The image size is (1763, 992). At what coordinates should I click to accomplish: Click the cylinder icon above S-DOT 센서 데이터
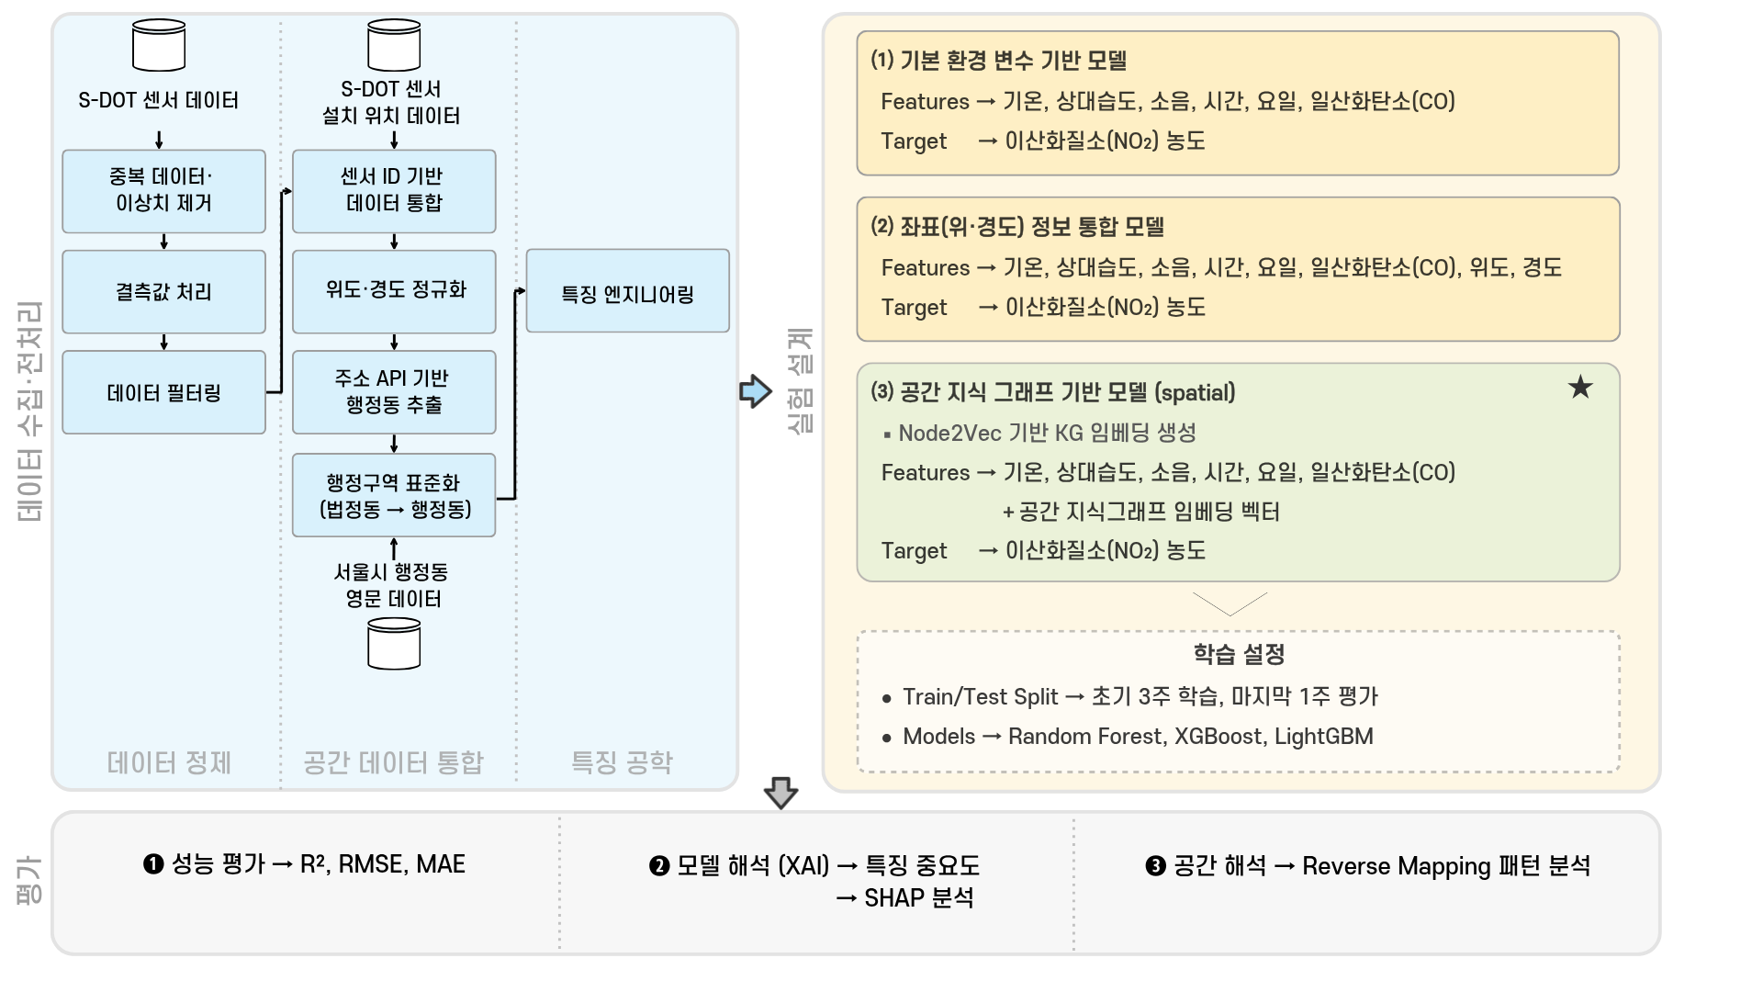tap(159, 45)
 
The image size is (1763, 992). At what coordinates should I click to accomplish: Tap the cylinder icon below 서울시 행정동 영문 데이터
tap(394, 643)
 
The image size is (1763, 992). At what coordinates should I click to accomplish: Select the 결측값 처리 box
tap(163, 291)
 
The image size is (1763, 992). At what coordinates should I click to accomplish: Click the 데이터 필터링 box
tap(163, 392)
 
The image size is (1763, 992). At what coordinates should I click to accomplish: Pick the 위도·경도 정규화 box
tap(394, 291)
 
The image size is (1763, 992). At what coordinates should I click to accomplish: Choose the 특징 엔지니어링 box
tap(628, 290)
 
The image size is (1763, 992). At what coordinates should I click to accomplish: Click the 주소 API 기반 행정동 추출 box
tap(394, 392)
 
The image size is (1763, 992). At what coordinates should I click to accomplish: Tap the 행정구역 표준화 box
tap(394, 495)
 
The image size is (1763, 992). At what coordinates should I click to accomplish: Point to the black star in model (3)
tap(1580, 388)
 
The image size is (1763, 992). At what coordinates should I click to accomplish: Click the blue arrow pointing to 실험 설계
tap(756, 391)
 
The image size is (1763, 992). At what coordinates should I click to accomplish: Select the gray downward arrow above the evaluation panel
tap(780, 793)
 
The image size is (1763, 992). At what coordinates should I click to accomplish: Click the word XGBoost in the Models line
tap(1219, 737)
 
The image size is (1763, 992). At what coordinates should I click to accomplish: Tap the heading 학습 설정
tap(1239, 654)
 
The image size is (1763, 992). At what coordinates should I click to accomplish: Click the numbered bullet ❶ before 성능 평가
tap(153, 864)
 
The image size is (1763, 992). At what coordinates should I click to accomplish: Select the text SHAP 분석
tap(919, 897)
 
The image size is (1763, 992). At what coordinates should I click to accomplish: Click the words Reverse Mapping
tap(1387, 866)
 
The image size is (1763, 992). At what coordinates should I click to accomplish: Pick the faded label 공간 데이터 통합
tap(393, 762)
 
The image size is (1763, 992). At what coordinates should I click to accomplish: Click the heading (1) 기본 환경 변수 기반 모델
tap(998, 61)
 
